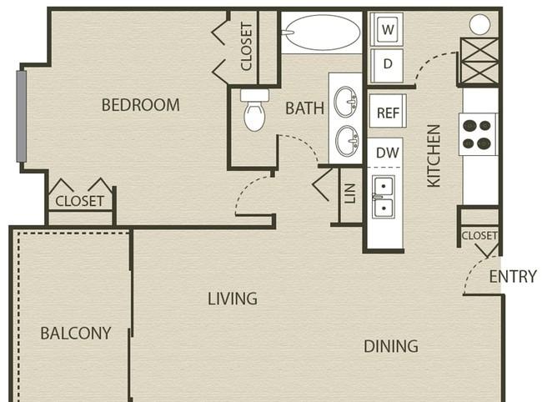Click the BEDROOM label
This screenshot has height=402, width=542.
click(x=141, y=105)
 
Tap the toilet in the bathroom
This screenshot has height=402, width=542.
click(x=255, y=110)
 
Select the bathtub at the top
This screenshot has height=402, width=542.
click(x=322, y=33)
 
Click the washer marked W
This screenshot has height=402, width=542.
click(x=387, y=29)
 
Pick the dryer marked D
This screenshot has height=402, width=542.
click(x=387, y=65)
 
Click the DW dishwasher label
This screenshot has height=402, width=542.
click(x=388, y=153)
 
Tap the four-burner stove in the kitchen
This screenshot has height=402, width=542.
click(x=479, y=134)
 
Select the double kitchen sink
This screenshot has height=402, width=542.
click(x=383, y=197)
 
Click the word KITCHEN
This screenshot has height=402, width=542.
click(x=434, y=156)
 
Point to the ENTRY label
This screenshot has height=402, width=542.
click(x=513, y=277)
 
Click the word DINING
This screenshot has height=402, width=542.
click(x=391, y=346)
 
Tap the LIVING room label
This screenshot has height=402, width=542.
click(x=233, y=299)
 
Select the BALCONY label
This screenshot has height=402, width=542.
click(x=76, y=334)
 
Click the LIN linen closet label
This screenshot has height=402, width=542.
click(x=350, y=193)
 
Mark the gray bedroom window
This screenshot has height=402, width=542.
click(x=22, y=116)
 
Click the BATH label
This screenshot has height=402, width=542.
click(x=305, y=108)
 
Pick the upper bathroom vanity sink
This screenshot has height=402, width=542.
click(x=346, y=102)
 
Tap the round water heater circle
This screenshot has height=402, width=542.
click(x=479, y=24)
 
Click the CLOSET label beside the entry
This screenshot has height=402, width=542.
click(x=479, y=235)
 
